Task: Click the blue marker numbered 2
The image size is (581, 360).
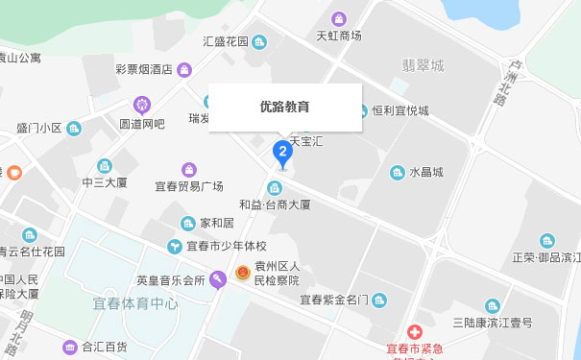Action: click(x=281, y=151)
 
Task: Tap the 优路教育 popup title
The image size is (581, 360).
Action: click(x=285, y=107)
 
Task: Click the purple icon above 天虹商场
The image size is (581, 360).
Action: click(x=339, y=18)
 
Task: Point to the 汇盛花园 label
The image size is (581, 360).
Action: click(x=226, y=41)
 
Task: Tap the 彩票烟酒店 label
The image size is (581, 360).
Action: click(x=143, y=69)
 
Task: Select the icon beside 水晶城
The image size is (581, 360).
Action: click(x=397, y=173)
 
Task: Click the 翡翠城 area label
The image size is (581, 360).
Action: click(x=424, y=66)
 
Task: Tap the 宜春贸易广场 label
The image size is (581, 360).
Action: click(x=189, y=185)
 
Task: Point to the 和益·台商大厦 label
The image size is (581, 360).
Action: click(x=275, y=204)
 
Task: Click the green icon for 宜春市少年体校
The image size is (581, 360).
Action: click(x=175, y=247)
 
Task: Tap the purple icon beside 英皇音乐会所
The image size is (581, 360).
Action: click(x=218, y=280)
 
